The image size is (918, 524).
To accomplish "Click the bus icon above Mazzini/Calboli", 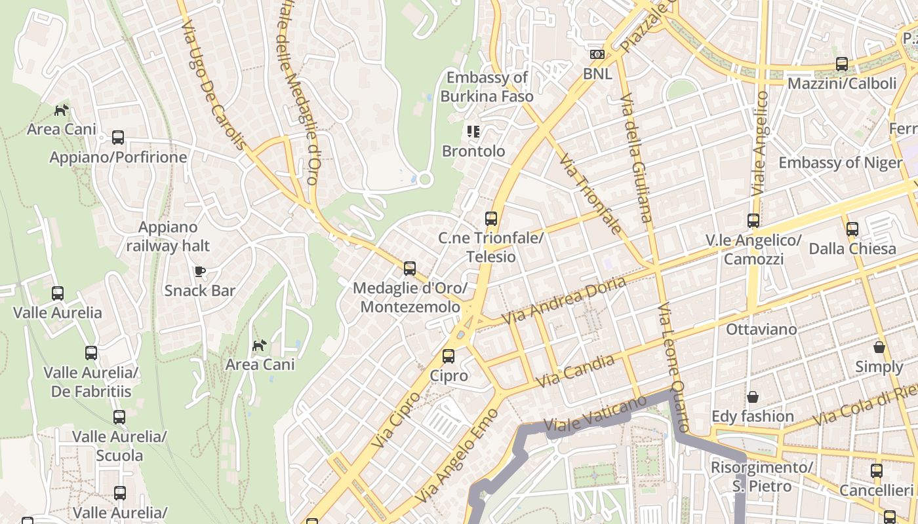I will (x=842, y=64).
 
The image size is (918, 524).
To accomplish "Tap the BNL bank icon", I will (x=597, y=54).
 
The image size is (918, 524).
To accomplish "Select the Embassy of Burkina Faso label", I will (x=487, y=87).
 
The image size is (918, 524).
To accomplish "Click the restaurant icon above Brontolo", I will (x=473, y=132).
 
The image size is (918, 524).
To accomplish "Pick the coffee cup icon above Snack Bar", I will (x=200, y=271).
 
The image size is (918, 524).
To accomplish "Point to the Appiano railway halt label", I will (x=168, y=236).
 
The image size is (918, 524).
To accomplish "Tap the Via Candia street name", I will (x=575, y=371).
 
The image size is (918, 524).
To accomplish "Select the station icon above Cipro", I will (x=449, y=356).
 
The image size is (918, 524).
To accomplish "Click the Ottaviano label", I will (x=761, y=329).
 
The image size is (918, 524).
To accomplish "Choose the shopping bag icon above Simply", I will (x=879, y=347).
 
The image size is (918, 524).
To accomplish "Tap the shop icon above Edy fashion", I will (x=753, y=397).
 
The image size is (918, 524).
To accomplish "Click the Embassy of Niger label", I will (x=840, y=162).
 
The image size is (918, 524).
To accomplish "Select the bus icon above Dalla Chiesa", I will (x=852, y=229).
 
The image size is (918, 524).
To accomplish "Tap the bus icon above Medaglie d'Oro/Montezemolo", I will (x=410, y=269).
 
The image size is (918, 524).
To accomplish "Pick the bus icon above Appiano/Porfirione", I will (x=118, y=138).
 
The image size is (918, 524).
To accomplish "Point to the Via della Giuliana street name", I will (x=635, y=157).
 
